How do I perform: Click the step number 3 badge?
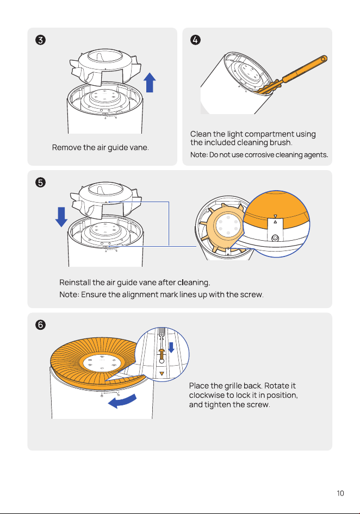(x=40, y=40)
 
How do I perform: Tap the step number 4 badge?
(x=196, y=40)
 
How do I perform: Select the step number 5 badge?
(x=40, y=182)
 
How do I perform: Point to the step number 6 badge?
(x=40, y=325)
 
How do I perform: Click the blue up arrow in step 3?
(x=150, y=82)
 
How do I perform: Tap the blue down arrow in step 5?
(x=61, y=217)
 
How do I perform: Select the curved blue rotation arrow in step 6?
(x=122, y=401)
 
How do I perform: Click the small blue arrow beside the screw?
(x=171, y=348)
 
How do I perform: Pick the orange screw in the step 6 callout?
(x=162, y=354)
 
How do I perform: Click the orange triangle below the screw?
(x=162, y=373)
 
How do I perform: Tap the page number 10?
(x=340, y=493)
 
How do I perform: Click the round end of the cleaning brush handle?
(x=323, y=59)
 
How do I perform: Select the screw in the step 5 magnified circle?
(x=275, y=237)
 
